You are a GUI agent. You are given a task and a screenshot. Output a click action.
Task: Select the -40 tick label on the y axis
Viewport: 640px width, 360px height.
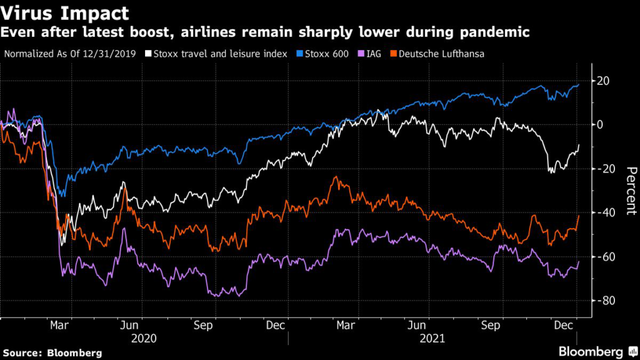click(x=604, y=212)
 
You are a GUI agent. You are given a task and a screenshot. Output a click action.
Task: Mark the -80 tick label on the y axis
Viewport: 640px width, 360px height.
click(x=604, y=301)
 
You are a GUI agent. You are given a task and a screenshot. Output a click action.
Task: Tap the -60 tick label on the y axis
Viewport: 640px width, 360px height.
click(x=604, y=257)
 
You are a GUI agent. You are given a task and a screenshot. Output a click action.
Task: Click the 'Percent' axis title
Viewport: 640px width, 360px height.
click(x=630, y=191)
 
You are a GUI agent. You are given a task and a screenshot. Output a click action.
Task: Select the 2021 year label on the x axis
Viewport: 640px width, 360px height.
click(x=431, y=338)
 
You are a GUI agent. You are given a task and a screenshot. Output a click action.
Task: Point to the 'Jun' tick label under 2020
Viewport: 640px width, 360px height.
click(x=129, y=326)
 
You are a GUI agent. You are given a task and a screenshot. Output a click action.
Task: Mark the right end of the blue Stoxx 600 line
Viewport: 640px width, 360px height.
click(x=579, y=84)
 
